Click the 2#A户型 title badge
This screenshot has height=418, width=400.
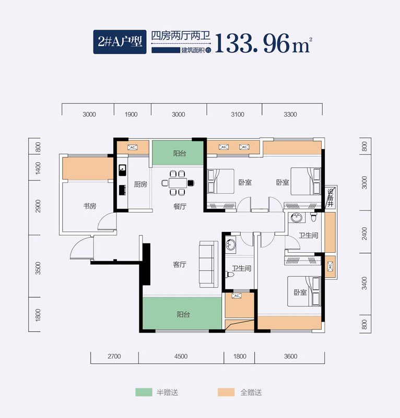[120, 41]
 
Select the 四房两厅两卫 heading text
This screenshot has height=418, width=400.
[180, 36]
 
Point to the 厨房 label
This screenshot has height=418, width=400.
[140, 184]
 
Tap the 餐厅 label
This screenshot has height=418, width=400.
[180, 206]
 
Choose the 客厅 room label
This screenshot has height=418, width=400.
[180, 264]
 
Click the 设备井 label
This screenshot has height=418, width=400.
[330, 199]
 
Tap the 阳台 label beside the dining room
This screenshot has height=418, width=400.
[179, 153]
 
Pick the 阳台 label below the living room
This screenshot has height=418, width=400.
[183, 314]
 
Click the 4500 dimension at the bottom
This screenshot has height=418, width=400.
[181, 356]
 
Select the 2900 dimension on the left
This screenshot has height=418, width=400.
[38, 207]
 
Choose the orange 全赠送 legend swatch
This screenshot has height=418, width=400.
[226, 392]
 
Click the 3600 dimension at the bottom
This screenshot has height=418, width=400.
[291, 356]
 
